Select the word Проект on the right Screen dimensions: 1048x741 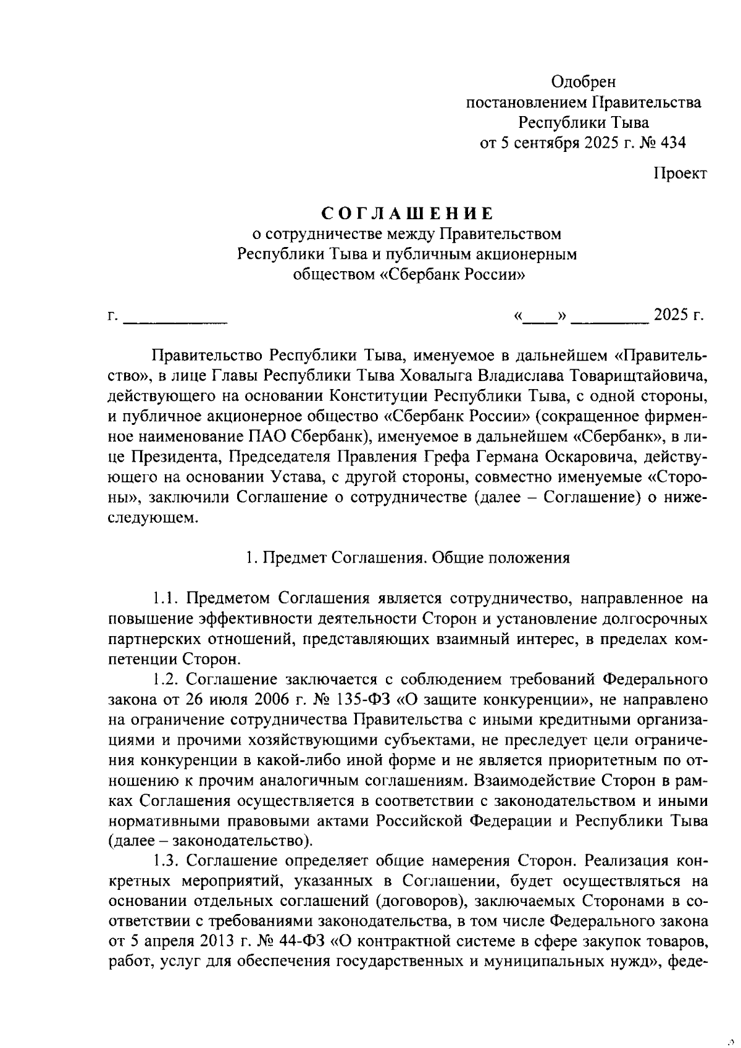click(680, 174)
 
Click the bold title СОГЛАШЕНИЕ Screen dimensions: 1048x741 click(408, 214)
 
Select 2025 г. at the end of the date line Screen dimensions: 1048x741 click(679, 316)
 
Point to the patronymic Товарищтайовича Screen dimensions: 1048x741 click(637, 375)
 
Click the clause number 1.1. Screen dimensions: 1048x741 click(166, 598)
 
